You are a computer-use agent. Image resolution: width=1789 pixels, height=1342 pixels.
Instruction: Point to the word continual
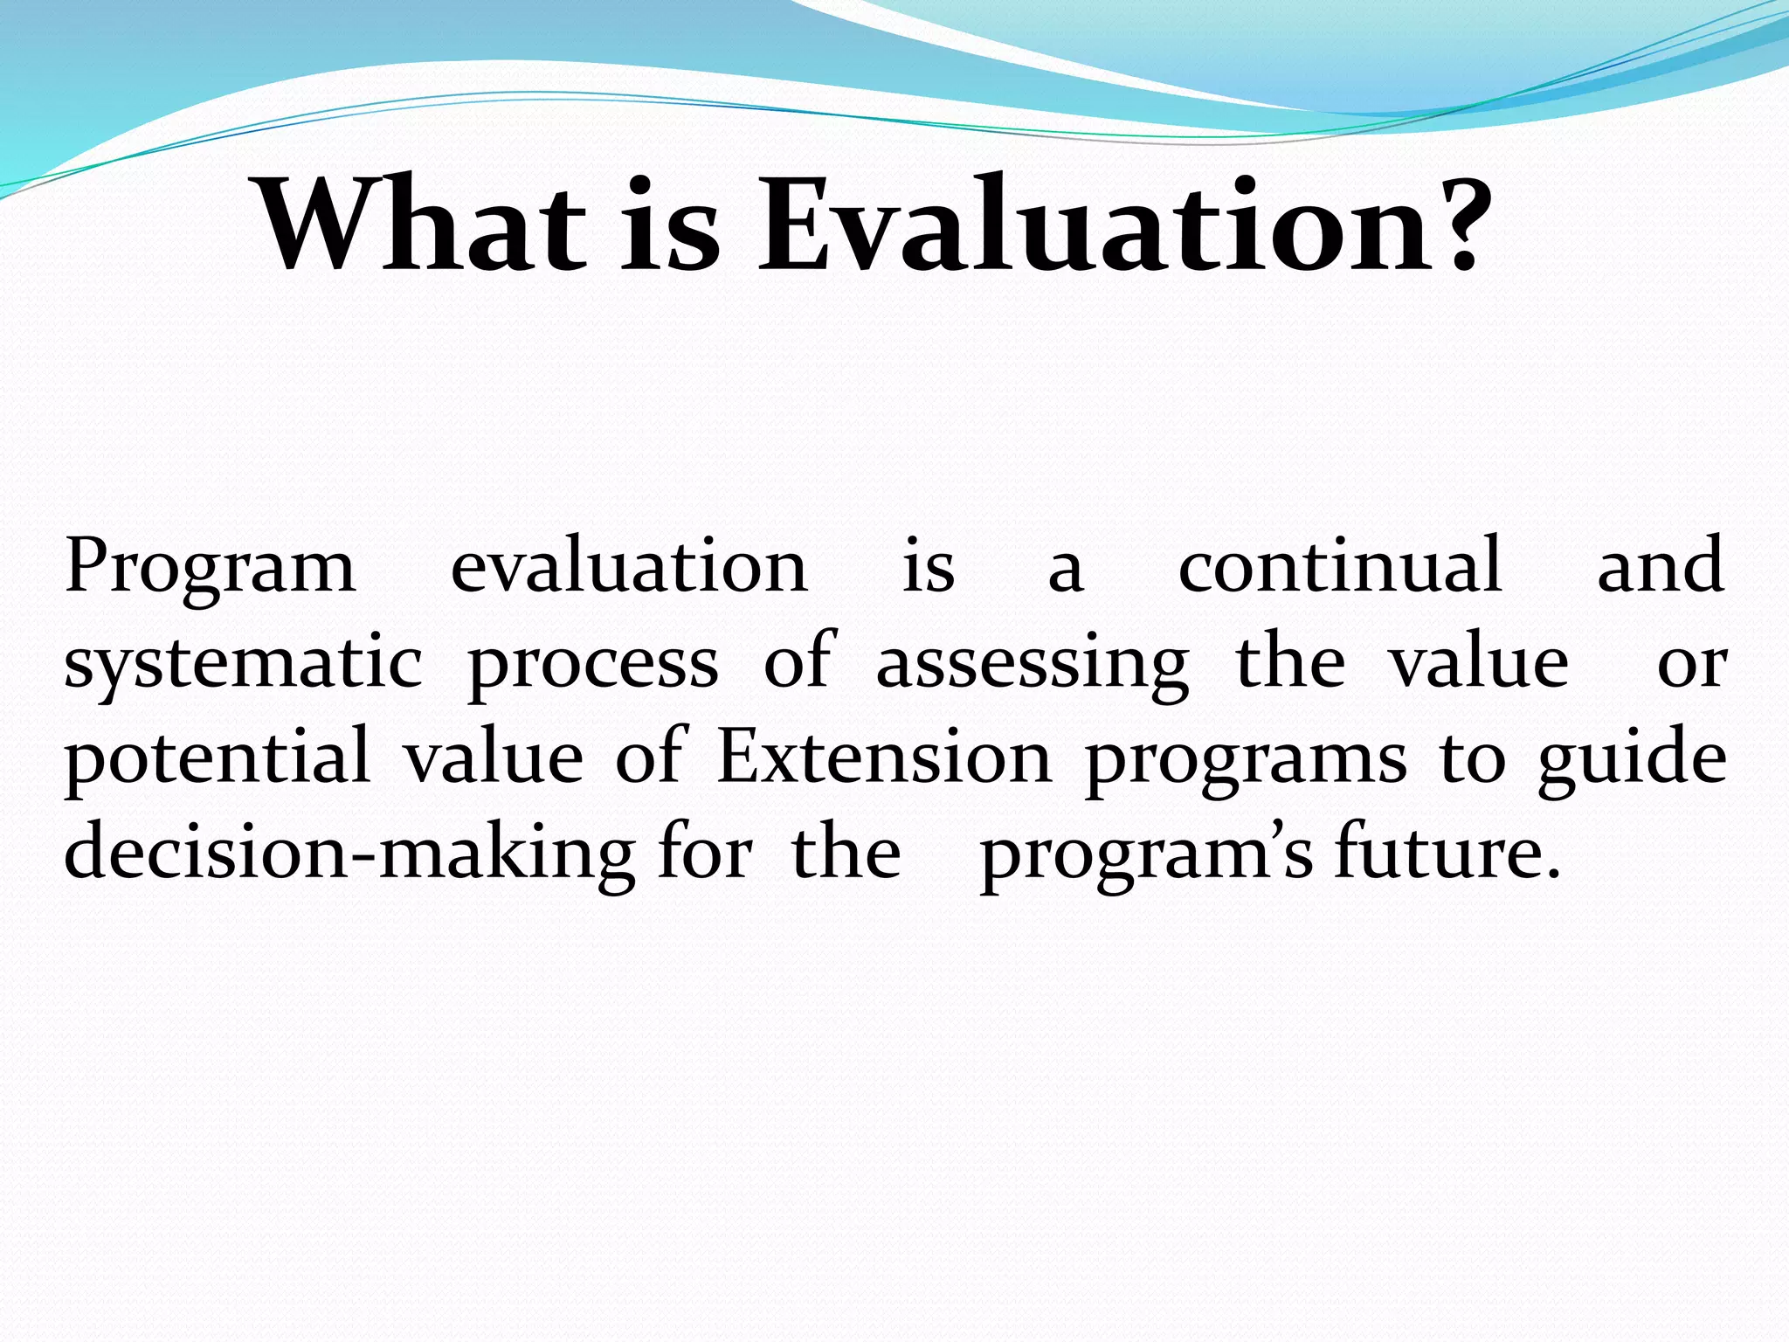pyautogui.click(x=1340, y=565)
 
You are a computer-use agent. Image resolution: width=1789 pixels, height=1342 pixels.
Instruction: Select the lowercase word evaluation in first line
pyautogui.click(x=629, y=565)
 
